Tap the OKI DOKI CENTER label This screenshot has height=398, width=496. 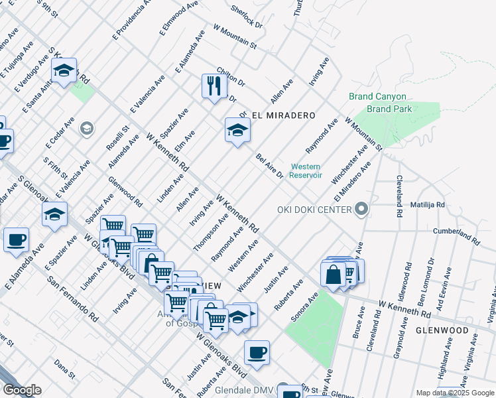tap(314, 210)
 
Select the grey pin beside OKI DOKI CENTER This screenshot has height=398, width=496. tap(361, 210)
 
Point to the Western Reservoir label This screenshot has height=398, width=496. tap(305, 171)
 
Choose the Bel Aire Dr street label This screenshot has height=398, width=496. tap(270, 166)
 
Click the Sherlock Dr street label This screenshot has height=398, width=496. tap(247, 17)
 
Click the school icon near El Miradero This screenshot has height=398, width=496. tap(237, 131)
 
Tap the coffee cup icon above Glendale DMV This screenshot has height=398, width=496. tap(257, 353)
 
